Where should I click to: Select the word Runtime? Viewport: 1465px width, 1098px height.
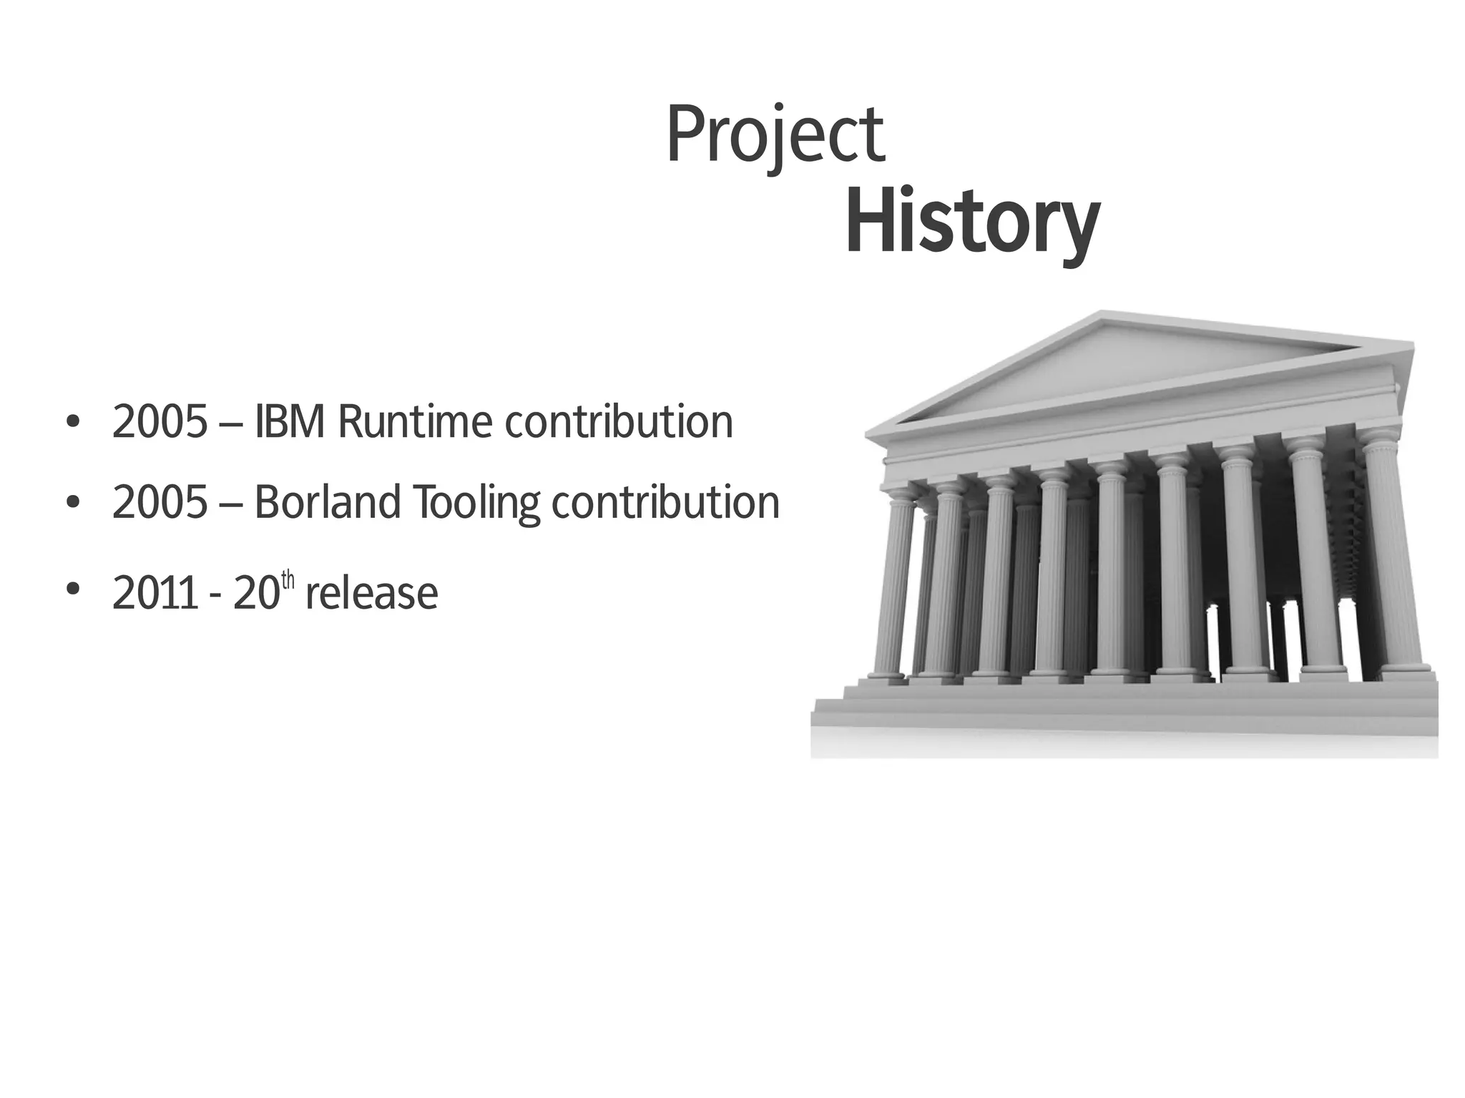pos(414,422)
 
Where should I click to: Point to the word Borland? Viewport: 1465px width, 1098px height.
pos(327,502)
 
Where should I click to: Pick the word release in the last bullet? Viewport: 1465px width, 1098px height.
pos(371,594)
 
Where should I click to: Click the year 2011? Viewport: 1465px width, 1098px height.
pos(155,594)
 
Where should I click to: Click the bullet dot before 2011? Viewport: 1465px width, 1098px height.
pos(72,589)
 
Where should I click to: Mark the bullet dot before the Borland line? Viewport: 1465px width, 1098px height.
pos(72,503)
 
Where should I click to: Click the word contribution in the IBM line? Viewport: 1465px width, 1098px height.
pos(619,422)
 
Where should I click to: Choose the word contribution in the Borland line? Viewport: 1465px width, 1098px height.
pos(665,502)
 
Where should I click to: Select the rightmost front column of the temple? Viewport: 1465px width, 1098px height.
pos(1395,558)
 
